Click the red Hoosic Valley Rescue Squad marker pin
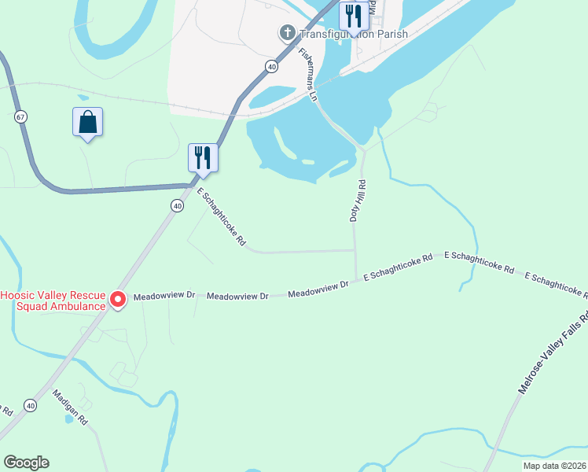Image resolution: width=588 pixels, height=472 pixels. point(118,299)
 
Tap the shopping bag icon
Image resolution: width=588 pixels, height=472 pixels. point(87,123)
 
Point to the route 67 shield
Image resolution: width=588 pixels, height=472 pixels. point(20,116)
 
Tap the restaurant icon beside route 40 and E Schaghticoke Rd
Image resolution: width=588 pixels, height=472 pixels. point(203,157)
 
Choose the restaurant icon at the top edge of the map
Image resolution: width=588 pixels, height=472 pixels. point(351,14)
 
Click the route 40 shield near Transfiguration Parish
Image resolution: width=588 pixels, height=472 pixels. point(271,66)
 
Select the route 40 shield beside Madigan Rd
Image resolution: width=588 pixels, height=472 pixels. point(30,405)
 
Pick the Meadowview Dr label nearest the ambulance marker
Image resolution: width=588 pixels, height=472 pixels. point(164,296)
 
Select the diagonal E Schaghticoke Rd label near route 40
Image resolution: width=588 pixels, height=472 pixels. point(221,218)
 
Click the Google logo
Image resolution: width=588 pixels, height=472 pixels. point(26,463)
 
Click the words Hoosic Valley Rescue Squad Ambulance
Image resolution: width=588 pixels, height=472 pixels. point(53,301)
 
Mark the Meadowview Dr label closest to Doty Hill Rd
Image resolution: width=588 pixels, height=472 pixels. point(318,289)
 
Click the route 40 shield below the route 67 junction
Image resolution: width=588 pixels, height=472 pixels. point(177,206)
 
